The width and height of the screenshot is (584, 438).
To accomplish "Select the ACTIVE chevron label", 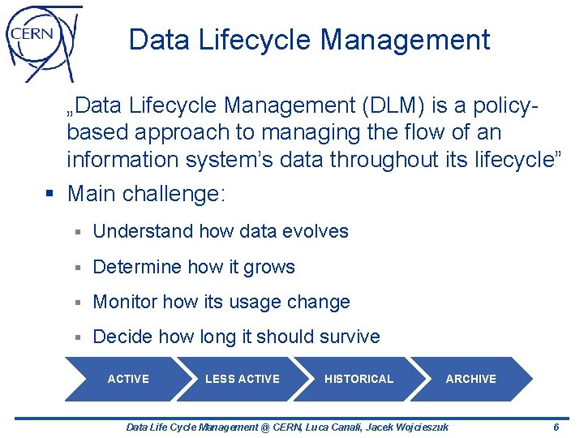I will (128, 379).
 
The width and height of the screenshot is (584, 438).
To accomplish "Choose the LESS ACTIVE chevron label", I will (242, 379).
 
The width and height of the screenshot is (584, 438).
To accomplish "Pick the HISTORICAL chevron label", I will (359, 379).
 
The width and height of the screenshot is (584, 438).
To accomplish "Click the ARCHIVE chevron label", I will (470, 379).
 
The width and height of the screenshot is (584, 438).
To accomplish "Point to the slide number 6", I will (556, 427).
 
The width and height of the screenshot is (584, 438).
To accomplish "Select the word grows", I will (271, 267).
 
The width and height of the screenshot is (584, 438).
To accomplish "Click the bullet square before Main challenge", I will (51, 195).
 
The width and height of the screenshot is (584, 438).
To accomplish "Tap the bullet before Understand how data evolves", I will (78, 232).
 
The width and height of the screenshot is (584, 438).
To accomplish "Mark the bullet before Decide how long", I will (78, 337).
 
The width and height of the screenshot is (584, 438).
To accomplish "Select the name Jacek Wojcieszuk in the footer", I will (408, 427).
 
